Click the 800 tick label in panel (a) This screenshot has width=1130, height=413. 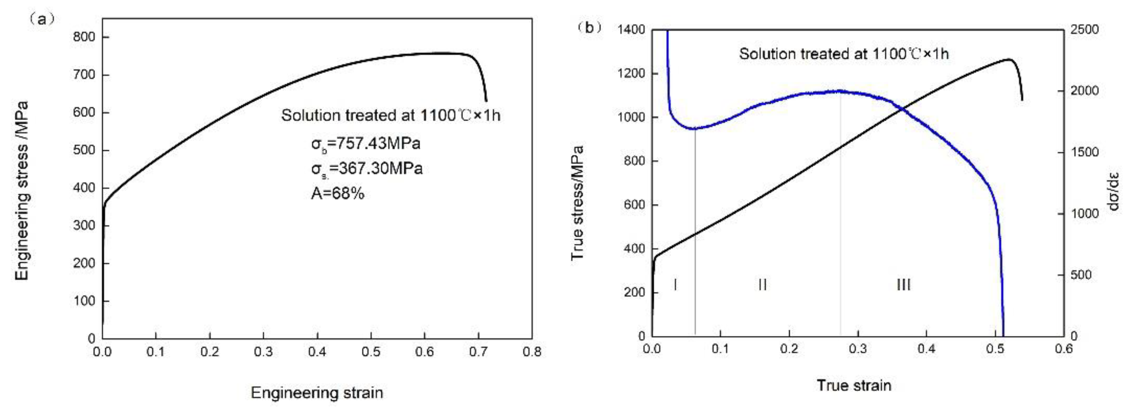pos(84,37)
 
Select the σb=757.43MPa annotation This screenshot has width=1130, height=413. pos(366,143)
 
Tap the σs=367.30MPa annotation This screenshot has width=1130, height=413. pos(367,168)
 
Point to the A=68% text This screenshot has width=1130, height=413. pos(337,193)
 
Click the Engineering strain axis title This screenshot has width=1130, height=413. pos(317,392)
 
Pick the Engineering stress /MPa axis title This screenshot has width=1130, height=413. pos(21,191)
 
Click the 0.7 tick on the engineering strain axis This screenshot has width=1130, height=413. pos(478,352)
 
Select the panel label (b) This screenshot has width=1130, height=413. pos(590,28)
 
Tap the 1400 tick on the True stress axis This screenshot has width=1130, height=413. pos(631,30)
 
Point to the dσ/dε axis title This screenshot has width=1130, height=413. pos(1114,191)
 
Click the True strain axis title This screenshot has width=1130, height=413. pos(854,385)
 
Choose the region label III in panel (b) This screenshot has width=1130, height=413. pos(903,285)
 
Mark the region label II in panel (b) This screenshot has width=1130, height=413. pos(762,285)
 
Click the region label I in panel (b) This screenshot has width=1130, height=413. pos(675,285)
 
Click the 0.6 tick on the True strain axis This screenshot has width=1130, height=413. pos(1063,349)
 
